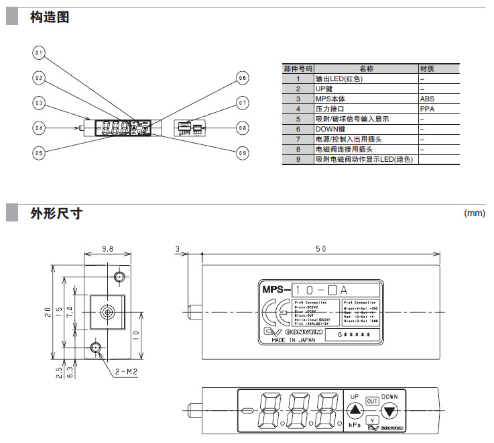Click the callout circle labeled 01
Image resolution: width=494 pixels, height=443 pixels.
39,53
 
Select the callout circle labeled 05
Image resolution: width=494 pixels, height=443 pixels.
39,152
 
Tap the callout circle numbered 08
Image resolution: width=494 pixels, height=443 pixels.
242,128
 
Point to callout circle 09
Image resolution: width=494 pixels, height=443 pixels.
242,152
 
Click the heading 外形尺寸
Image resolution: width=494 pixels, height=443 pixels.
56,214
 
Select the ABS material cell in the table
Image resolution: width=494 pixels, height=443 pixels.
427,99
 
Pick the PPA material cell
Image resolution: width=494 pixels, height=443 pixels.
427,109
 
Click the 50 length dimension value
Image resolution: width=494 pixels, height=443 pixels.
320,249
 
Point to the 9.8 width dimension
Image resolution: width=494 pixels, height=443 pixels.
107,249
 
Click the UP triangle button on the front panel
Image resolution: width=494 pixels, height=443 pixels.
355,410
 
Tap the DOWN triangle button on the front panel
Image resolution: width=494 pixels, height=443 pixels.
389,410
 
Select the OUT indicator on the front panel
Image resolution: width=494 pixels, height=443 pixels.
372,401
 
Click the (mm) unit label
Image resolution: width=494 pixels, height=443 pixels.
474,213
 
